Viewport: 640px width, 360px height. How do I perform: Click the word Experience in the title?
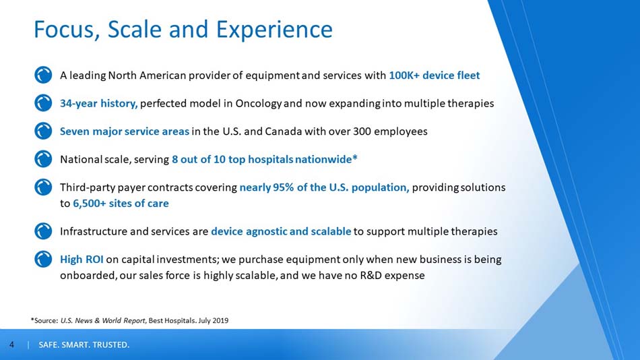274,30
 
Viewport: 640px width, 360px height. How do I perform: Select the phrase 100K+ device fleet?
435,76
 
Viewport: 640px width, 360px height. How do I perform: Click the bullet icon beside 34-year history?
43,103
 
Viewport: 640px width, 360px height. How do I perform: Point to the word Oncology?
259,104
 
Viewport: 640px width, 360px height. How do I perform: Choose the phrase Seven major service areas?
125,131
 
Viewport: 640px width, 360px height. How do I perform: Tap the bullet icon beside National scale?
43,159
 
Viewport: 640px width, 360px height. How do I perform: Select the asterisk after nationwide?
354,157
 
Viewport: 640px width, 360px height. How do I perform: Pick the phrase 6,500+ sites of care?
121,203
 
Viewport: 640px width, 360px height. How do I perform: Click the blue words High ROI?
82,260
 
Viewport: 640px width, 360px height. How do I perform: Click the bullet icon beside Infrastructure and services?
43,231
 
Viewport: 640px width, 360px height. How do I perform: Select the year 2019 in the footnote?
220,321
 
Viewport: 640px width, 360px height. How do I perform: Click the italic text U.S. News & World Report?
103,321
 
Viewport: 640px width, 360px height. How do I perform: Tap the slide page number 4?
11,345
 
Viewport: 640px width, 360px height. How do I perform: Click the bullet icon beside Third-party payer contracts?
43,187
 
